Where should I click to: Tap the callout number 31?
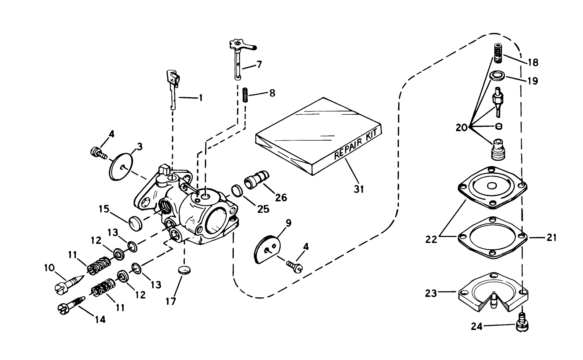358,189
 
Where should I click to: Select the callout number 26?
281,197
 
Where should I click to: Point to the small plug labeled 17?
184,270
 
